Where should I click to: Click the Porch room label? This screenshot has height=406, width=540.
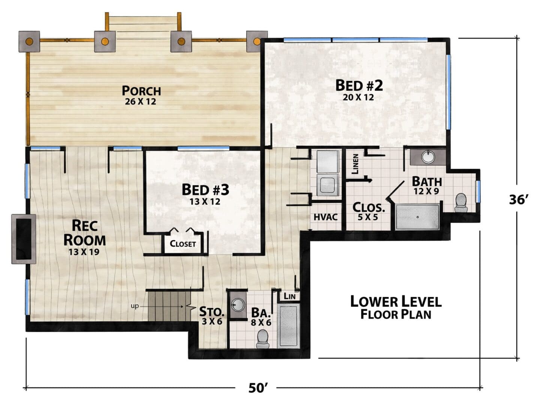coord(141,91)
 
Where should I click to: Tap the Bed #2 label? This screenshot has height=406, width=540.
coord(359,85)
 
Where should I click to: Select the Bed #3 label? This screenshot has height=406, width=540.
coord(205,190)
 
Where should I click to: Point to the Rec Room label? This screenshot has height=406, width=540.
coord(85,233)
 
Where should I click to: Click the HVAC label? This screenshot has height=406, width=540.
coord(325,217)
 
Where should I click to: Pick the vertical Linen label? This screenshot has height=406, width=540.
coord(355,164)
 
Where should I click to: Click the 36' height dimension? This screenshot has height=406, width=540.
coord(519,200)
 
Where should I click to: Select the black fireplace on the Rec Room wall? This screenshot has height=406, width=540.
coord(24,239)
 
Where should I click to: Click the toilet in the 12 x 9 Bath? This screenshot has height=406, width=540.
coord(461,202)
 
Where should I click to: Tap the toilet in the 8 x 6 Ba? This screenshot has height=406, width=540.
coord(262,339)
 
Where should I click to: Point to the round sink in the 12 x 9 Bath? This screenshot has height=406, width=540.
coord(428,157)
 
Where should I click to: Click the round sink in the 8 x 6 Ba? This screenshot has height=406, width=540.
coord(238,305)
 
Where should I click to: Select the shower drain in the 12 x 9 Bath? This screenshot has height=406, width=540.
coord(417,217)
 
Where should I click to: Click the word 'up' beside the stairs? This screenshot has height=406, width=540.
coord(135,306)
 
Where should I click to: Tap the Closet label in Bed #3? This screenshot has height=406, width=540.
coord(183,244)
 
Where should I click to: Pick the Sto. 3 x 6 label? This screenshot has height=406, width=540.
coord(212,316)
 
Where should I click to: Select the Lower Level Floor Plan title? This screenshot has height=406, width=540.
coord(396,308)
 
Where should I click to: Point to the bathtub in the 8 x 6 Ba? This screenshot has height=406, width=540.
coord(289,325)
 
